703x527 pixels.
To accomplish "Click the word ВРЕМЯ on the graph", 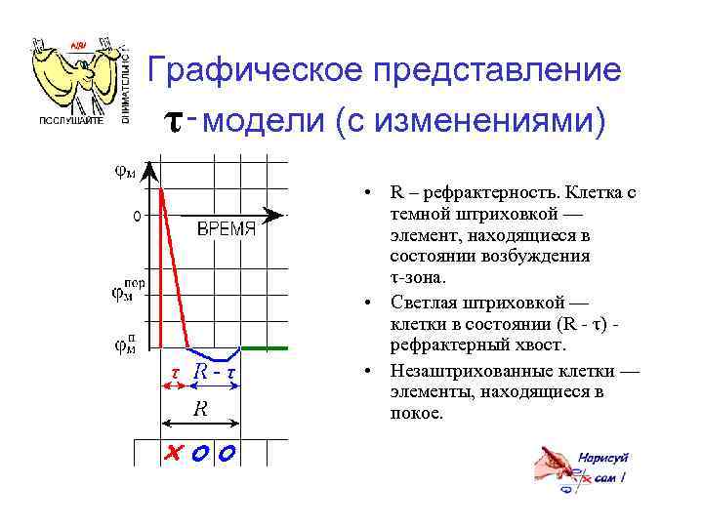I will [x=226, y=229].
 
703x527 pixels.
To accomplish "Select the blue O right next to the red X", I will [x=200, y=453].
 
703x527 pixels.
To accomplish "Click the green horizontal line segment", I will [x=264, y=346].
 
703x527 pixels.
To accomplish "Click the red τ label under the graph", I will [x=174, y=372].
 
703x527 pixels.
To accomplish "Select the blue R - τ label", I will [x=217, y=372].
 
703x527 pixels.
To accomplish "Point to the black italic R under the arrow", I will [x=199, y=409].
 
